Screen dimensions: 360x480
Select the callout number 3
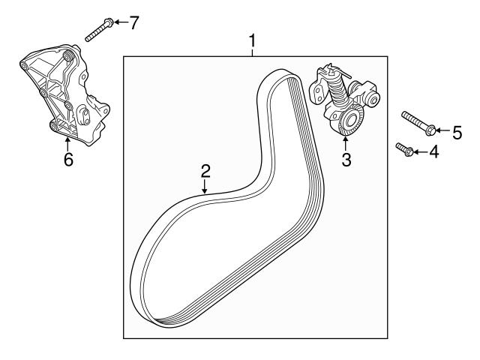tap(346, 159)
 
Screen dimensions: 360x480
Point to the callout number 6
tap(68, 160)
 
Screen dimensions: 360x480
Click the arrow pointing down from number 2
tap(204, 187)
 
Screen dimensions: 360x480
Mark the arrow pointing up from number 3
tap(346, 141)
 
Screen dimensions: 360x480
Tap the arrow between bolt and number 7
tap(120, 22)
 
